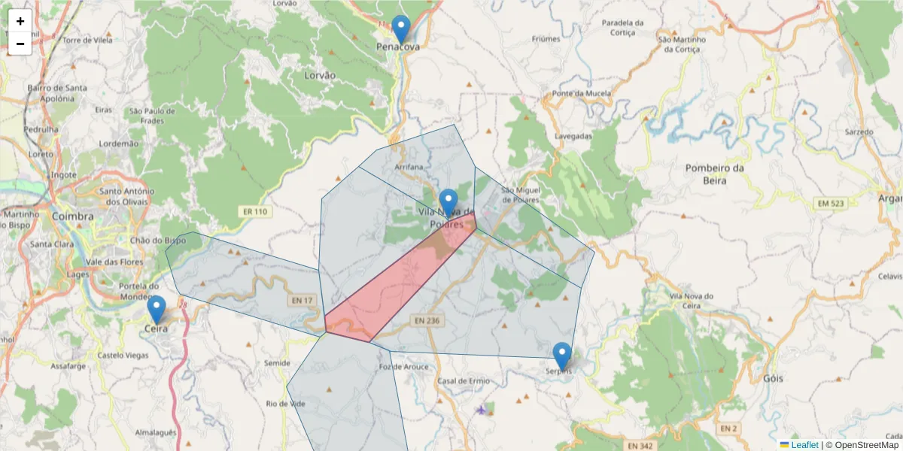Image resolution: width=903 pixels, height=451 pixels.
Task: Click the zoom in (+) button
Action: [x=20, y=21]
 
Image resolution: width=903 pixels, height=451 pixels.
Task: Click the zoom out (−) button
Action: [x=20, y=44]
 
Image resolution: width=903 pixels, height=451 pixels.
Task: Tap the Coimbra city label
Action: [x=73, y=216]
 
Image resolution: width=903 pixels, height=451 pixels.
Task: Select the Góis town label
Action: [x=773, y=379]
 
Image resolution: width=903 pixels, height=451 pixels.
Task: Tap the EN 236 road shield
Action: [x=426, y=320]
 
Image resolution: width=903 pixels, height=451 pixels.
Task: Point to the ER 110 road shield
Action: [x=255, y=212]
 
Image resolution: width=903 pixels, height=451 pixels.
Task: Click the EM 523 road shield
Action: [x=831, y=204]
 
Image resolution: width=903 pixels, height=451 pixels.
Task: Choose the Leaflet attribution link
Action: [x=804, y=445]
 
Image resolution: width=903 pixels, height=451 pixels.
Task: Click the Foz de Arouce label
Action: [x=404, y=367]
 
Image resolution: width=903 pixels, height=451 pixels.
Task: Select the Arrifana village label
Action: [x=409, y=166]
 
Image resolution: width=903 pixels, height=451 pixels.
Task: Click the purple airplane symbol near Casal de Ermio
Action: [x=481, y=410]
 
